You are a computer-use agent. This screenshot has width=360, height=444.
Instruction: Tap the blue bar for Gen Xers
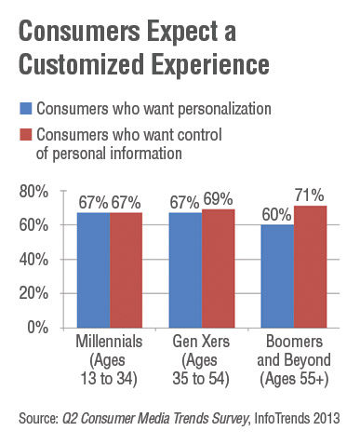coord(185,270)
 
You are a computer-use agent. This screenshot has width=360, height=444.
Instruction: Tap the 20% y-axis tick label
coord(36,293)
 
